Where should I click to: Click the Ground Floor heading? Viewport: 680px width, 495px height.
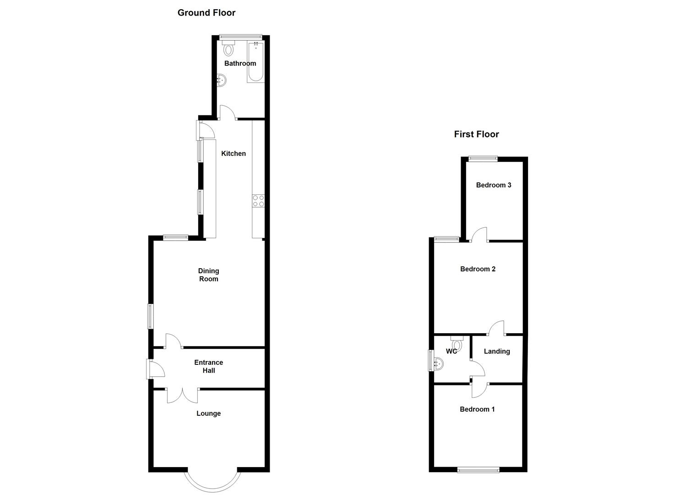207,13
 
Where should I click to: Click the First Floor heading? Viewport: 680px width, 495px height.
476,134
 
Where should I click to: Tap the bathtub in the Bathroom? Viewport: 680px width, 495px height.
256,62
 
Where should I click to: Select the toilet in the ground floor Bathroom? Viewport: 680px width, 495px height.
228,48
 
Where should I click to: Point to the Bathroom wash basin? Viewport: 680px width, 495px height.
222,80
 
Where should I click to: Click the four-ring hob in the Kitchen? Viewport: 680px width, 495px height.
258,201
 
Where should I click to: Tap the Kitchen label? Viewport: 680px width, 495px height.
234,154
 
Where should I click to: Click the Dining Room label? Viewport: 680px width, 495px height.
208,275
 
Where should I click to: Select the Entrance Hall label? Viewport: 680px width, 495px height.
208,366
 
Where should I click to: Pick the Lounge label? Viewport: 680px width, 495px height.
208,413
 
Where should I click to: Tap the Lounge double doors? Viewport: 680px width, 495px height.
182,396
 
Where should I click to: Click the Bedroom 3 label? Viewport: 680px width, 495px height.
494,185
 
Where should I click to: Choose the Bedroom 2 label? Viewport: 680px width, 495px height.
478,269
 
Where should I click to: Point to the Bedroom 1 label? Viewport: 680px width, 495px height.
477,409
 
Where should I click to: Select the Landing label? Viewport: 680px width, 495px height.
497,351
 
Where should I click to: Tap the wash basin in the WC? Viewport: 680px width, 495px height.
438,364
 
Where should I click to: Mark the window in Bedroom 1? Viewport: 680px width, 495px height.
478,470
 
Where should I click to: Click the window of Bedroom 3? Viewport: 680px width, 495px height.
483,158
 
